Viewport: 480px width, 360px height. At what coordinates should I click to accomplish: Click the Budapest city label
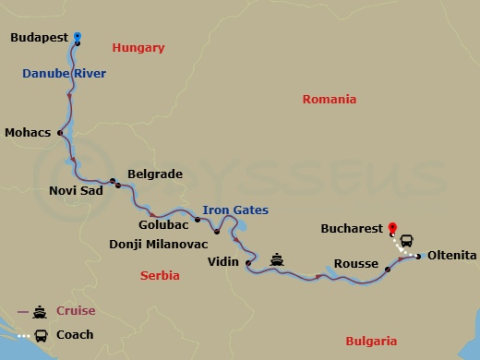pos(40,39)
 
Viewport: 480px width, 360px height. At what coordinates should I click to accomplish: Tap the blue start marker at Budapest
pos(78,36)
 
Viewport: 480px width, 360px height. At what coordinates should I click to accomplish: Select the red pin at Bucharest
pos(392,226)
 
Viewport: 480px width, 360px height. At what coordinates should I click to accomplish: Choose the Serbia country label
pos(160,275)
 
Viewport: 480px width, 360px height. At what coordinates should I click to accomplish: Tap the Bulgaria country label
pos(371,341)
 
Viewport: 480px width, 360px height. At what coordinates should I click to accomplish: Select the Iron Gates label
pos(230,210)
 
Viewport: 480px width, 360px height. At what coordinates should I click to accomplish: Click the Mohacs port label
pos(28,132)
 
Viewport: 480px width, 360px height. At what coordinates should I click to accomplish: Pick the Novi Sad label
pos(75,192)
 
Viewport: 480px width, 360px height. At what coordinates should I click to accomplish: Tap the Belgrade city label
pos(154,174)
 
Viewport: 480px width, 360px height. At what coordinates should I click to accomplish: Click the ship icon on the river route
pos(276,261)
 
